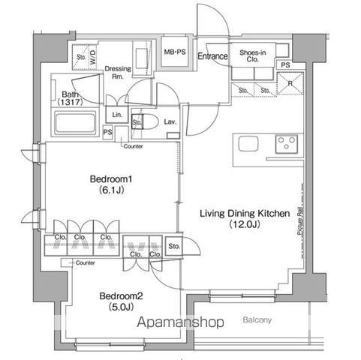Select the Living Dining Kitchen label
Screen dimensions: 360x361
click(x=244, y=214)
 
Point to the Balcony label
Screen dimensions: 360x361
click(x=257, y=320)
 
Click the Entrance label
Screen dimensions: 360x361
click(x=213, y=56)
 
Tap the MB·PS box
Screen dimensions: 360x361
click(x=176, y=51)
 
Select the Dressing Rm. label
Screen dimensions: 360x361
click(x=118, y=70)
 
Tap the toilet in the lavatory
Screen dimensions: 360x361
click(x=148, y=121)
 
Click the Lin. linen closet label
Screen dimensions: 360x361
click(x=116, y=114)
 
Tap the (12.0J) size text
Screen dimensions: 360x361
click(x=244, y=225)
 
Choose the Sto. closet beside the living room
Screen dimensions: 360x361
click(x=174, y=246)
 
